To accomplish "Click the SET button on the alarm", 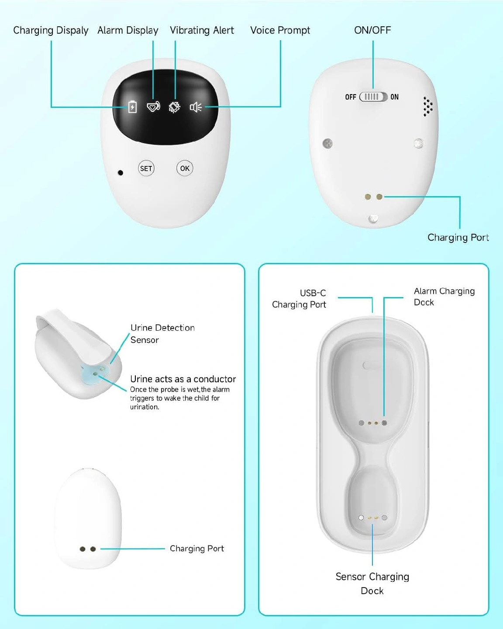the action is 146,168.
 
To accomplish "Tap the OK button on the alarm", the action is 185,168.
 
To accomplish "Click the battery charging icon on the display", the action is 132,107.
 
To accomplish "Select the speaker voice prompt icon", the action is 196,107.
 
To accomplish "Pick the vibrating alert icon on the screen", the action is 175,107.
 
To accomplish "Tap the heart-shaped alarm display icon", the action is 153,107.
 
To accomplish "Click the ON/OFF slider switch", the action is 373,97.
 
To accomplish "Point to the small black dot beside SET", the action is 120,173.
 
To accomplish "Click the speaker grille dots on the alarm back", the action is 428,107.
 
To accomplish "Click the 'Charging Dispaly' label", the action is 51,31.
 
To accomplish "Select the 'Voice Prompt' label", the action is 280,31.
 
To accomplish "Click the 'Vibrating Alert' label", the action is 202,31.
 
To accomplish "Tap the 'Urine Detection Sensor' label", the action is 162,334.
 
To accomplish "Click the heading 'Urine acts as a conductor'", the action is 183,379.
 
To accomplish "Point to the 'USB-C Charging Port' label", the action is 299,299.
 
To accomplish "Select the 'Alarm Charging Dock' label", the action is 444,297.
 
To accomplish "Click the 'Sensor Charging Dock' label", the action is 372,584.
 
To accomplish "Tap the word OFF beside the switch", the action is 351,97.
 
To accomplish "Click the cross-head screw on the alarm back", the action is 327,144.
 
